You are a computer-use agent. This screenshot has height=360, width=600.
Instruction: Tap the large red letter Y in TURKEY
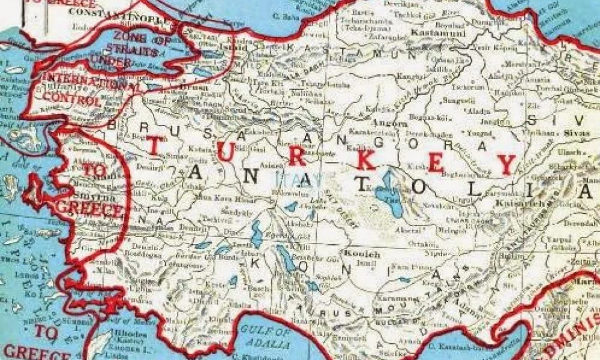point(506,163)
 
